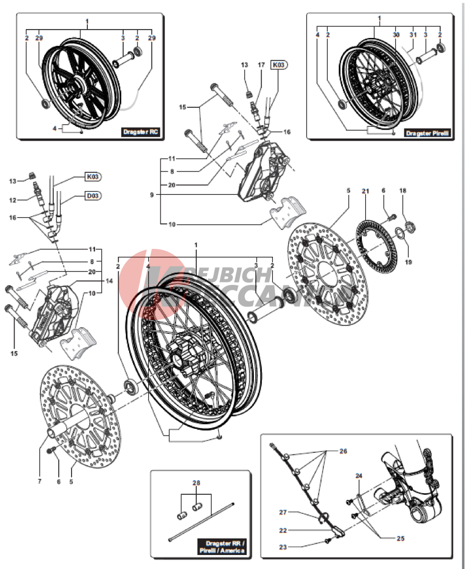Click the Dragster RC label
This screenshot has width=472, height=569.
(x=141, y=132)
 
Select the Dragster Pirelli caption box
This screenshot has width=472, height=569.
(x=428, y=133)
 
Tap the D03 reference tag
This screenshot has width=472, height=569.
(x=92, y=196)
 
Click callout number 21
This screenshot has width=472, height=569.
(x=365, y=191)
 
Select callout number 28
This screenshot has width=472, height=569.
(x=196, y=482)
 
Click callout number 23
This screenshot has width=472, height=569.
(x=283, y=547)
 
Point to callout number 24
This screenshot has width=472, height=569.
(x=359, y=476)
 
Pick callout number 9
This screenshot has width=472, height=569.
(x=152, y=195)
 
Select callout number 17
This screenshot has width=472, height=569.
(x=261, y=65)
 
